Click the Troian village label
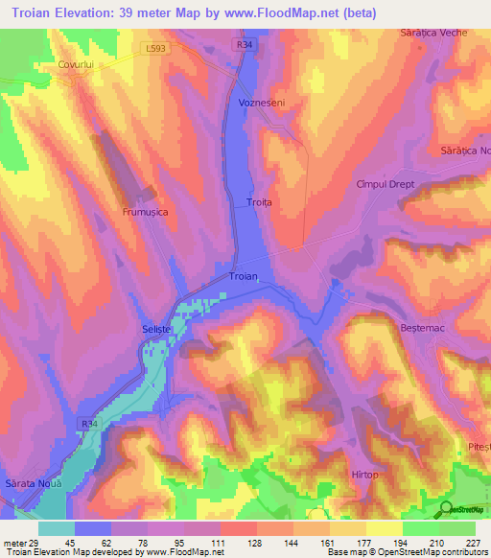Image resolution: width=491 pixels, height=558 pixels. coord(244,276)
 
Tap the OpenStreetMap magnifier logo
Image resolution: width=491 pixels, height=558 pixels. coord(448,510)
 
